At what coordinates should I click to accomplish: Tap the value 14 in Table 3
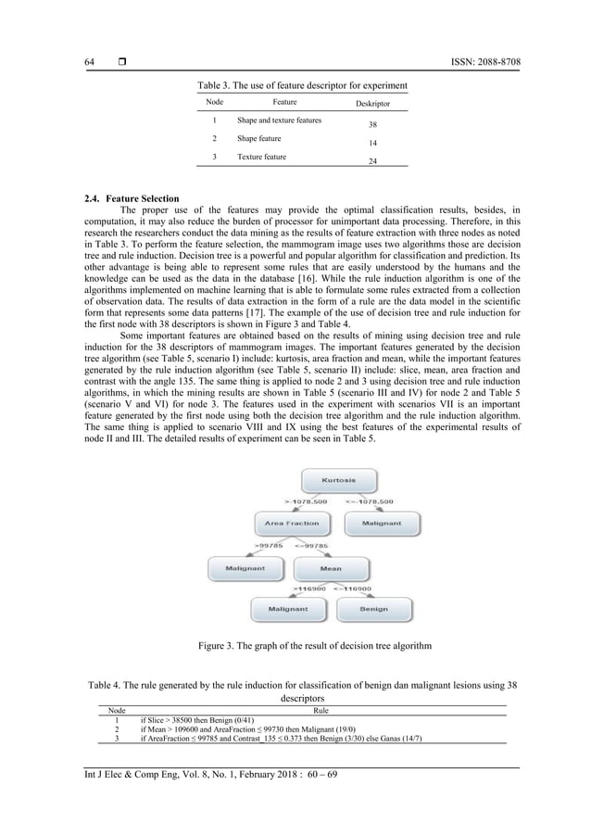pyautogui.click(x=373, y=144)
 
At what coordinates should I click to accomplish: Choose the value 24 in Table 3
pyautogui.click(x=373, y=161)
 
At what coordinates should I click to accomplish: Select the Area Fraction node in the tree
pyautogui.click(x=292, y=524)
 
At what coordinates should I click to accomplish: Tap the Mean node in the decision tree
pyautogui.click(x=330, y=568)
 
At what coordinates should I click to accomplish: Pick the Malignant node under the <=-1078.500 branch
pyautogui.click(x=382, y=524)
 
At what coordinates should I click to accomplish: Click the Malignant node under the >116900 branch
pyautogui.click(x=288, y=609)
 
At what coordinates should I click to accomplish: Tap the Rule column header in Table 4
pyautogui.click(x=321, y=710)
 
